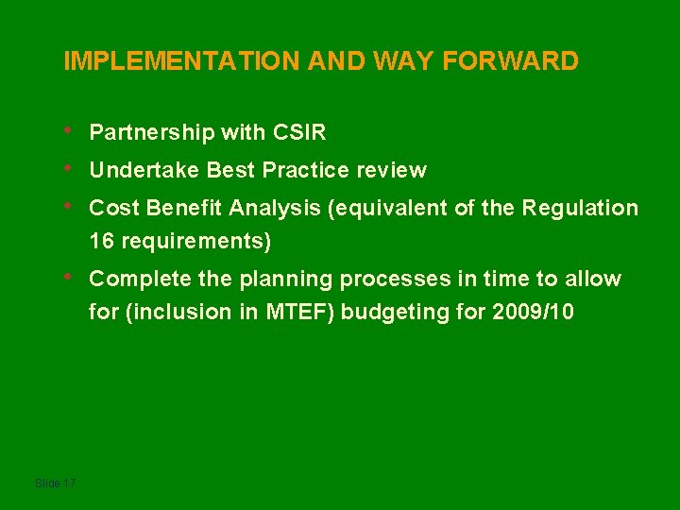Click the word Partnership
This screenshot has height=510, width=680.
tap(152, 132)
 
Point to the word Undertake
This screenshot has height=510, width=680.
tap(144, 171)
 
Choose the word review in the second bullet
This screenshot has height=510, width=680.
tap(391, 171)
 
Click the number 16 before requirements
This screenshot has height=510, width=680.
tap(100, 241)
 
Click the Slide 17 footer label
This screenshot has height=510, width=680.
tap(55, 484)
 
